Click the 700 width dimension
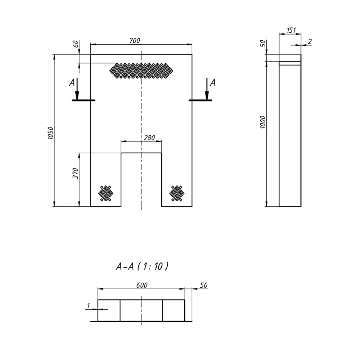[x=135, y=41]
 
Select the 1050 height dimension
[x=50, y=133]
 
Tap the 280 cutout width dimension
[x=149, y=138]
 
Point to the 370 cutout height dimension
[x=75, y=174]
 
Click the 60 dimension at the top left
[x=76, y=44]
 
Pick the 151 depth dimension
[x=291, y=30]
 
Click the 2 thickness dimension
[x=310, y=41]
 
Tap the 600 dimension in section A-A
[x=141, y=285]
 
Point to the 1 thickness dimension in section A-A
[x=89, y=306]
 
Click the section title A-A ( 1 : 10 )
[x=142, y=266]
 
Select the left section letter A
[x=72, y=83]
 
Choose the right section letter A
[x=213, y=83]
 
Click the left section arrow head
[x=77, y=96]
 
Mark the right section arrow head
[x=207, y=96]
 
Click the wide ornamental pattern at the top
[x=141, y=71]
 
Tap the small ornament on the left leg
[x=106, y=193]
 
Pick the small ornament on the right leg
[x=177, y=193]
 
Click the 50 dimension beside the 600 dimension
[x=204, y=285]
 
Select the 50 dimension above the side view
[x=263, y=44]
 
